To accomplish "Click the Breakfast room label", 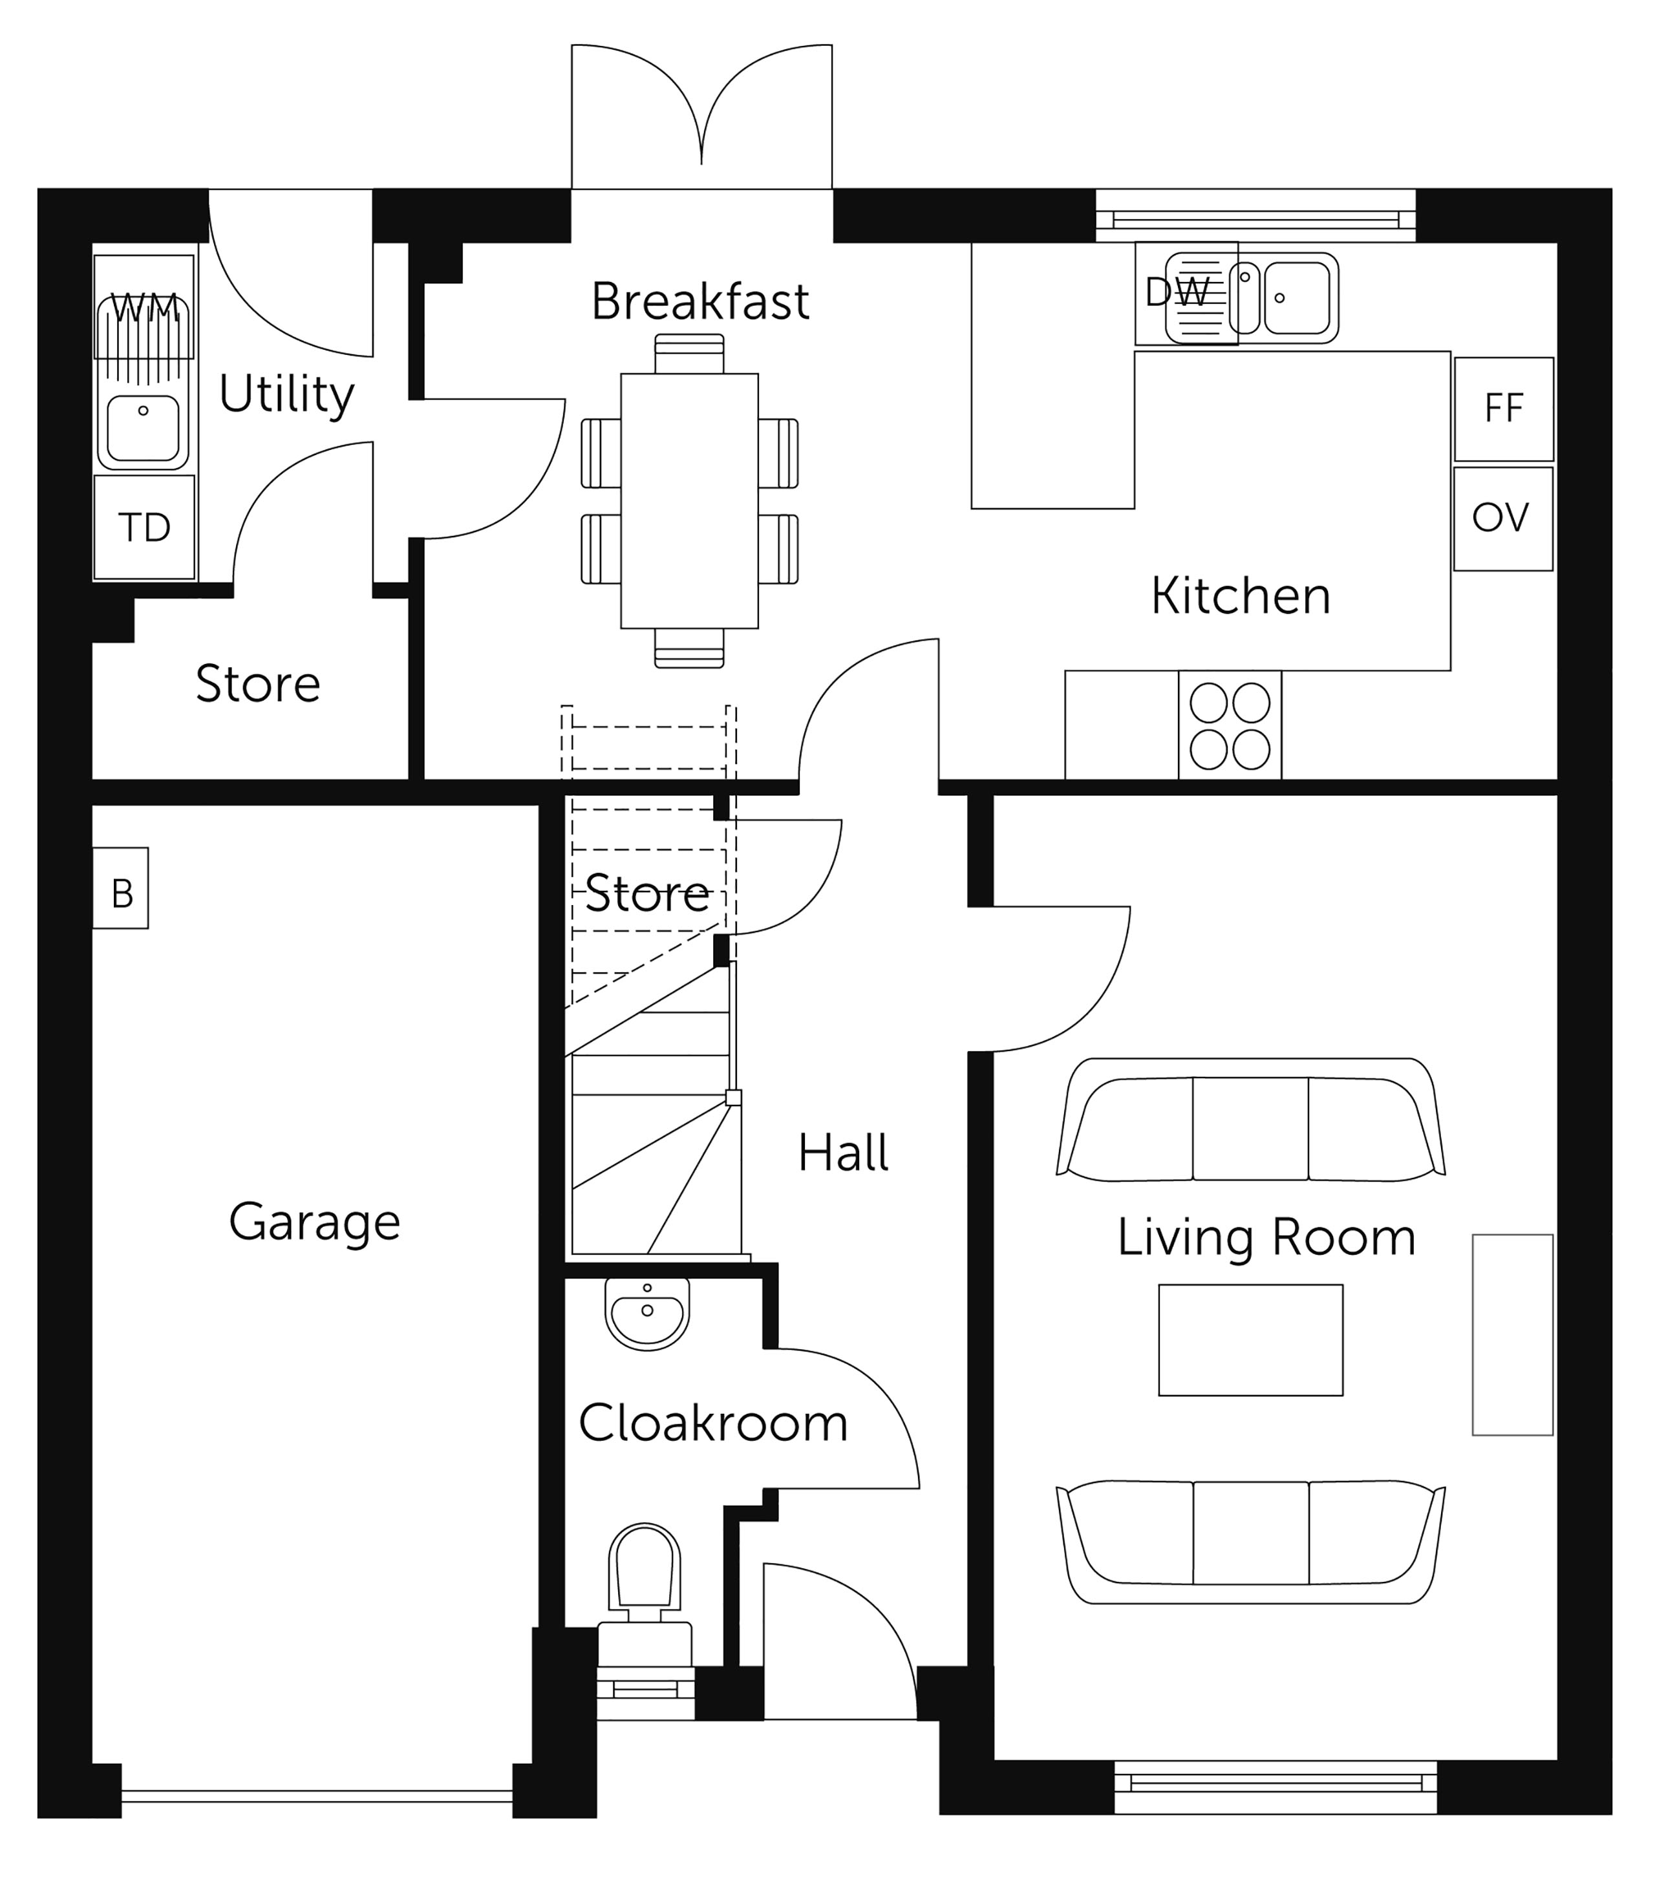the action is (700, 301).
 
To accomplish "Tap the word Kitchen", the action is (1241, 595).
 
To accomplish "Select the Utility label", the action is (286, 395).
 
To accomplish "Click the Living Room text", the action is (1266, 1237).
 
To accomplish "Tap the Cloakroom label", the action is (713, 1423).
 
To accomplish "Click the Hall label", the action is (843, 1153).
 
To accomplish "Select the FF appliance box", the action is (1504, 409).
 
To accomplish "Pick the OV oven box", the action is (1502, 519).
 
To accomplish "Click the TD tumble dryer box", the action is (145, 527).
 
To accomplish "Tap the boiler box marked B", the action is (121, 888).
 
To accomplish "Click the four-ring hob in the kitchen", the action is (1230, 726).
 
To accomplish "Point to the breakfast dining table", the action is (690, 500).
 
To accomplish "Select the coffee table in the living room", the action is (1250, 1340).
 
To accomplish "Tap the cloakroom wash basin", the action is (647, 1314).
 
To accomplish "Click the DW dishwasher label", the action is (1177, 293).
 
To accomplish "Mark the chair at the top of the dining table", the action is (690, 354).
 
